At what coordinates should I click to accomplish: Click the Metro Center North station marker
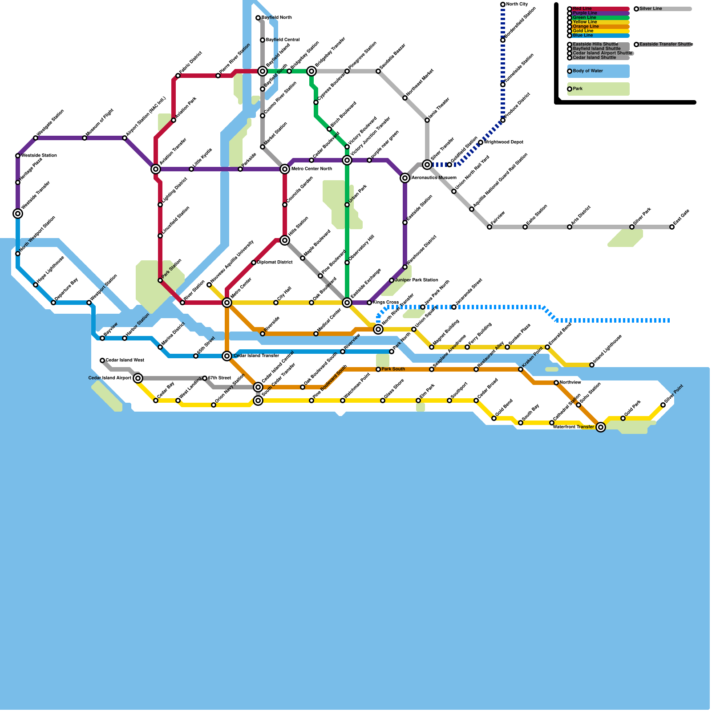click(285, 169)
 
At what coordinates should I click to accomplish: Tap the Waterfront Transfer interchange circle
click(601, 427)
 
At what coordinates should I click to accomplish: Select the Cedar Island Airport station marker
click(138, 378)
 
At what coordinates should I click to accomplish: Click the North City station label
click(517, 4)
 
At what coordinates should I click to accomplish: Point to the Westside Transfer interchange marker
click(18, 214)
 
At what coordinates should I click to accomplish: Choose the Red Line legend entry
click(599, 9)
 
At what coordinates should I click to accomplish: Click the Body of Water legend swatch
click(599, 71)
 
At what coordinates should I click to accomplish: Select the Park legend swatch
click(599, 89)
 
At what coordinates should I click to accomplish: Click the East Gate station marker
click(672, 227)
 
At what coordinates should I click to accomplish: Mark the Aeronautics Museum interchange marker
click(405, 178)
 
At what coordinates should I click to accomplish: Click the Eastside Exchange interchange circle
click(347, 303)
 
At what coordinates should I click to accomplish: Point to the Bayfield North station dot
click(258, 18)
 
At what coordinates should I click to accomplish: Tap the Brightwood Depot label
click(503, 142)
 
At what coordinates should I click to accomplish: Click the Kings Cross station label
click(386, 303)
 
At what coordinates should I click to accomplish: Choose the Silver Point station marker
click(663, 405)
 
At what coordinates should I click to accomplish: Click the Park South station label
click(393, 369)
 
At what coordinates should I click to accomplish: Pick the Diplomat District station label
click(275, 263)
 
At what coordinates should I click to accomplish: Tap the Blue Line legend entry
click(599, 36)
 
